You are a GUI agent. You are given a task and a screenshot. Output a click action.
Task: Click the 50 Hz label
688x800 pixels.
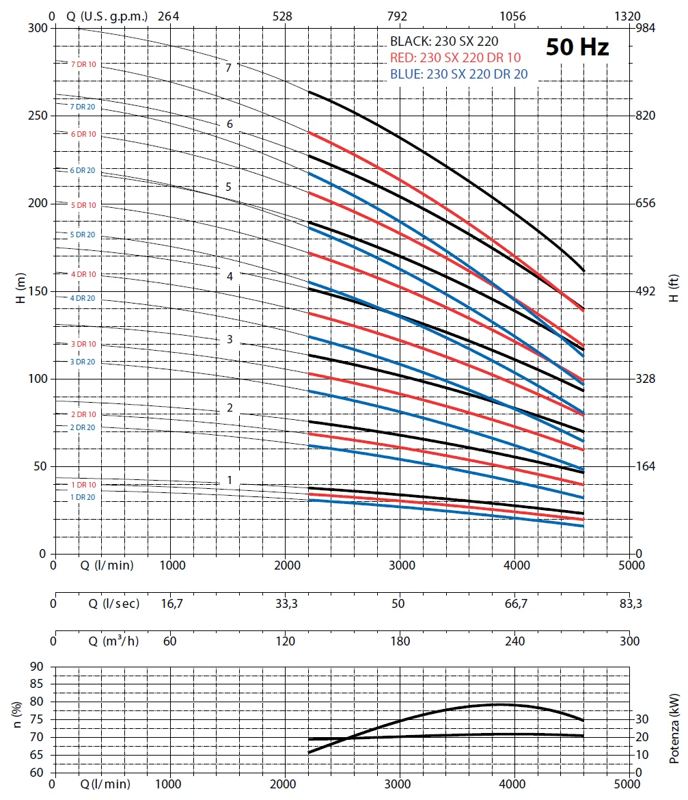(x=577, y=47)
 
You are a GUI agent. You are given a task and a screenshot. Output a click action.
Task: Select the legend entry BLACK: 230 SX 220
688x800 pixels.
(x=444, y=41)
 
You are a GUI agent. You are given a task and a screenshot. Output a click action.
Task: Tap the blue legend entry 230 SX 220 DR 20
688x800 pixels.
(x=458, y=74)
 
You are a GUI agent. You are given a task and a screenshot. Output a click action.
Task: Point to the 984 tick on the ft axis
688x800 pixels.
(x=646, y=28)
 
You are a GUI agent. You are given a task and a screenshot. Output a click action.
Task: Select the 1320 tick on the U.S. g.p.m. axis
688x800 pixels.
(x=628, y=16)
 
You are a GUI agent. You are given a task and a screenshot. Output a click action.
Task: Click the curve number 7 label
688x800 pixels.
(x=229, y=68)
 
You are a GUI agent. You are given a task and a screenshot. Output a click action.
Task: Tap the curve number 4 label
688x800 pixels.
(x=230, y=276)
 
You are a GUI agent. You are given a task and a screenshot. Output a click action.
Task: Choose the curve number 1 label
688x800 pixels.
(x=230, y=481)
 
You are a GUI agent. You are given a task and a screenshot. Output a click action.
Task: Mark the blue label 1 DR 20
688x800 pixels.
(x=83, y=497)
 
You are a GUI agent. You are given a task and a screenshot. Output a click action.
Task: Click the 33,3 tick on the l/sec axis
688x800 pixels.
(x=286, y=604)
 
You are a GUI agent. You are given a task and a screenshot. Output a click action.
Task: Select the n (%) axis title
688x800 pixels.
(x=18, y=720)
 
